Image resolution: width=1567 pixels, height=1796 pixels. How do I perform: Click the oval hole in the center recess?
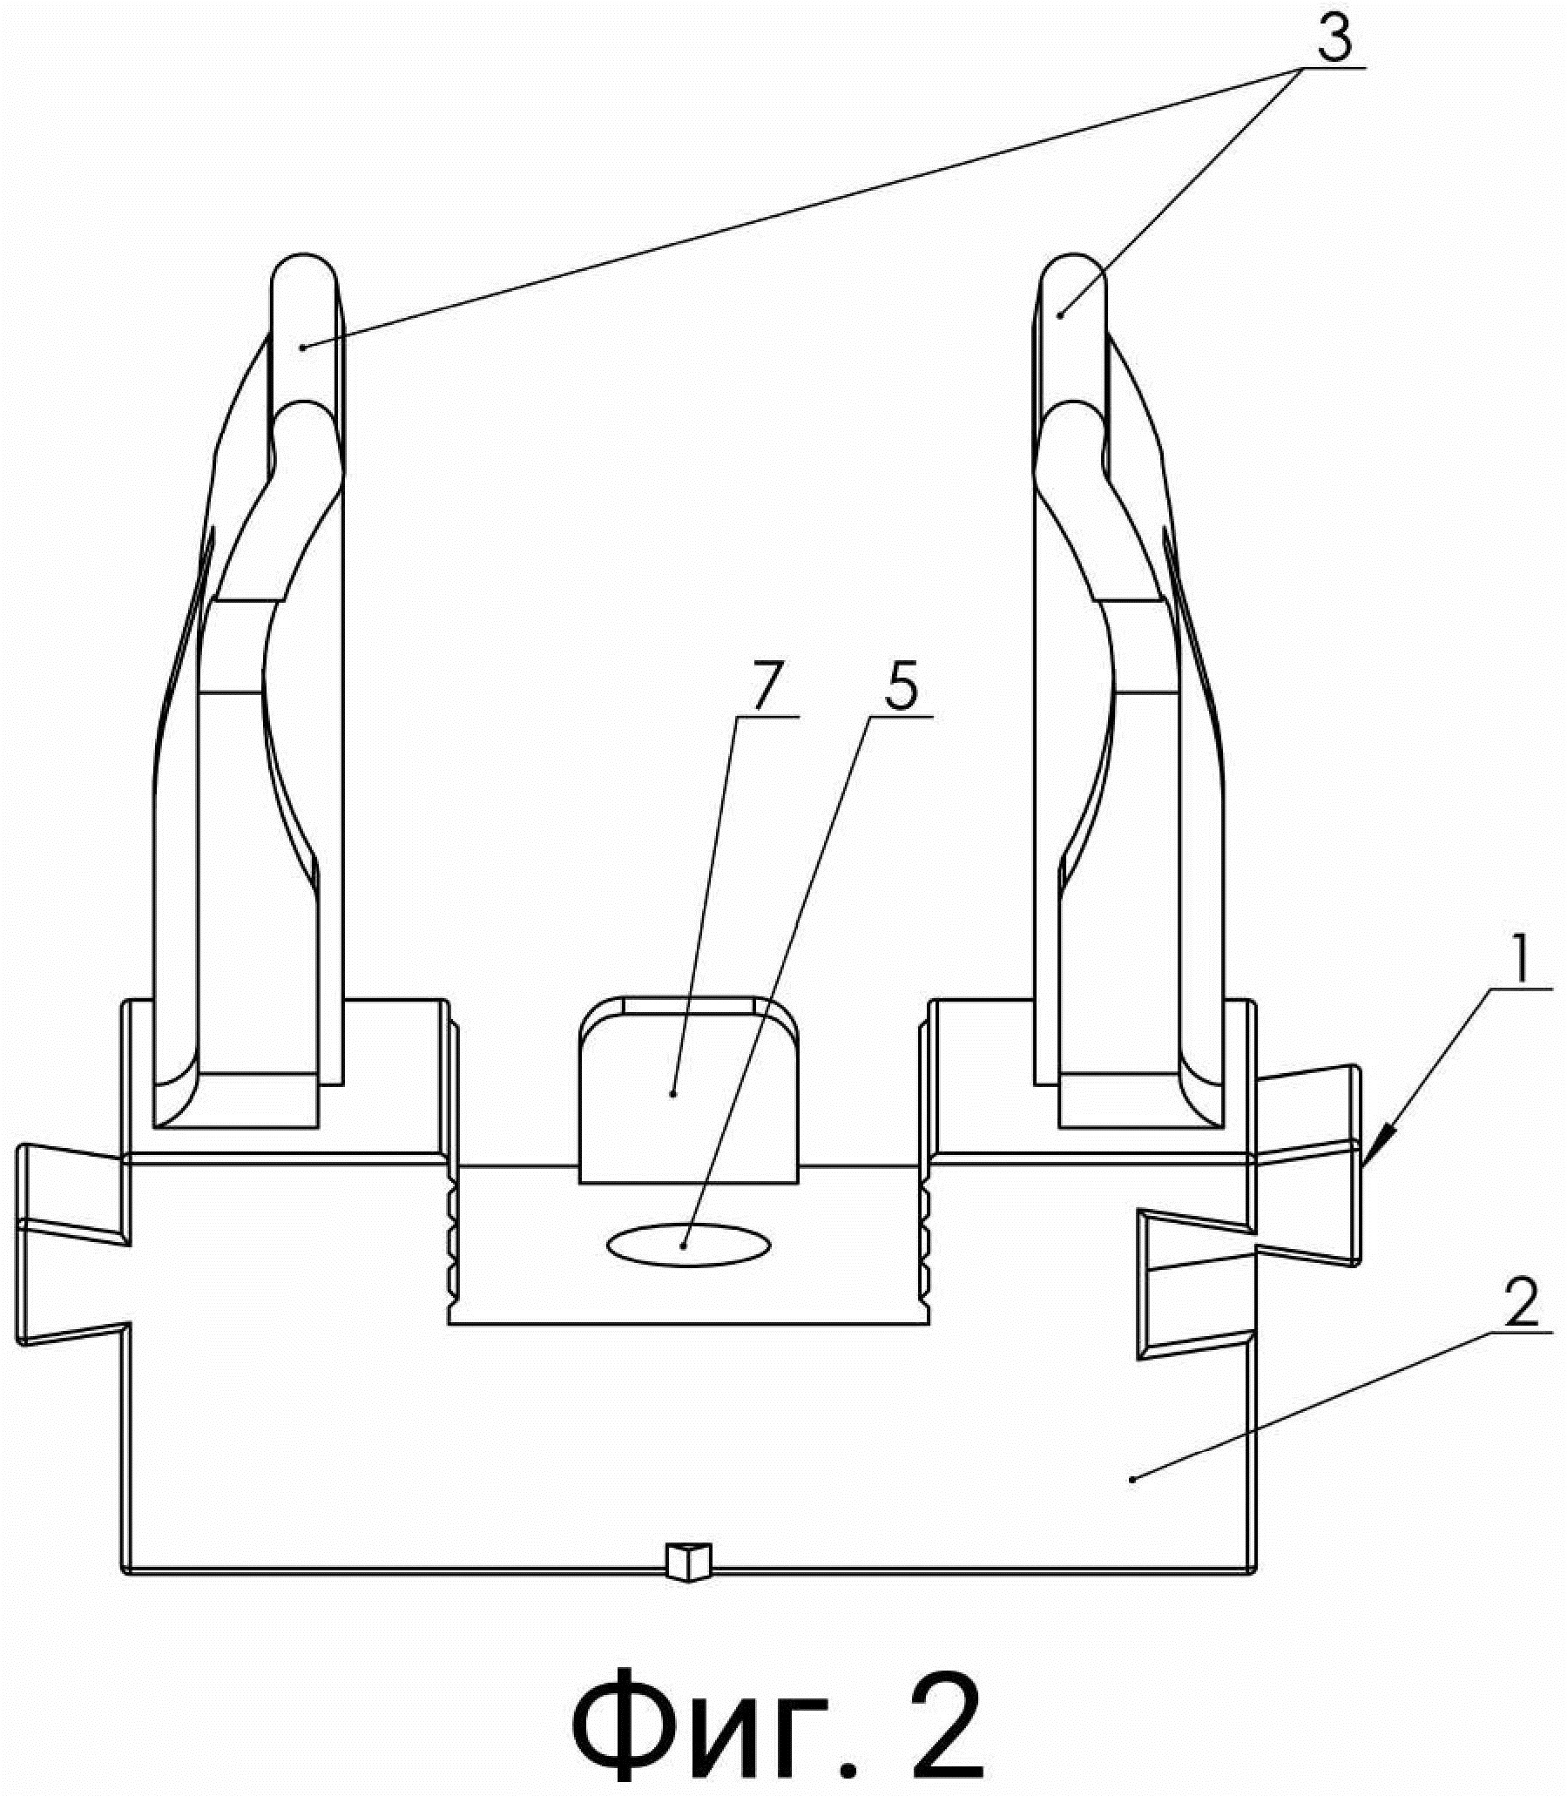click(x=689, y=1245)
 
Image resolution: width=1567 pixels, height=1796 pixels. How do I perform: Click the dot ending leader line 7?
click(x=672, y=1093)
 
